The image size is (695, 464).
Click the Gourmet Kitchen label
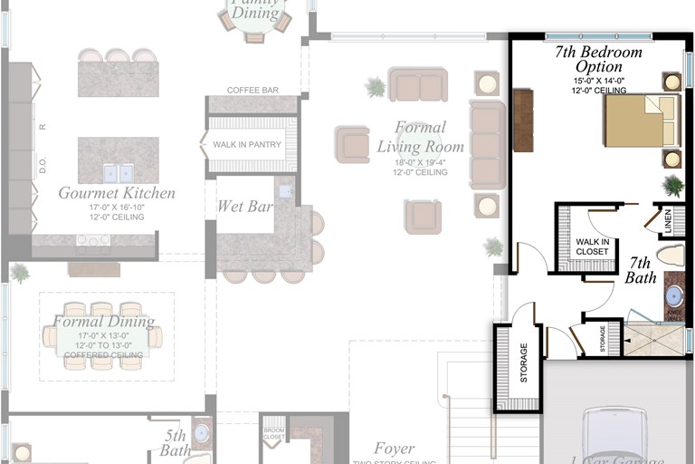pyautogui.click(x=117, y=193)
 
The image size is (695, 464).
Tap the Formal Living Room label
pyautogui.click(x=420, y=137)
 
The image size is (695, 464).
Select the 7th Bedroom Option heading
pyautogui.click(x=598, y=59)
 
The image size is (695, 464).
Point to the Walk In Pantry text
pyautogui.click(x=247, y=145)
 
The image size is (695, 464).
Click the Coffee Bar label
pyautogui.click(x=252, y=90)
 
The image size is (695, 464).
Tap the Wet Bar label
pyautogui.click(x=244, y=207)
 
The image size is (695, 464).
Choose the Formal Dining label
pyautogui.click(x=103, y=322)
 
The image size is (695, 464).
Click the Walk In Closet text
pyautogui.click(x=592, y=246)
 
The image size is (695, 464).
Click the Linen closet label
pyautogui.click(x=668, y=220)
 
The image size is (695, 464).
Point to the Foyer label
pyautogui.click(x=395, y=449)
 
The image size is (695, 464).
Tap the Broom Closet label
pyautogui.click(x=273, y=432)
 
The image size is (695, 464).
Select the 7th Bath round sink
pyautogui.click(x=674, y=295)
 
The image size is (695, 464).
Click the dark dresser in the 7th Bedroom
pyautogui.click(x=523, y=120)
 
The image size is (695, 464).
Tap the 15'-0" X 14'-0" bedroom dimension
pyautogui.click(x=599, y=81)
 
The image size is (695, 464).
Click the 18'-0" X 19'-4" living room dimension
pyautogui.click(x=421, y=162)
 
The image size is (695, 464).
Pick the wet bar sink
pyautogui.click(x=285, y=191)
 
